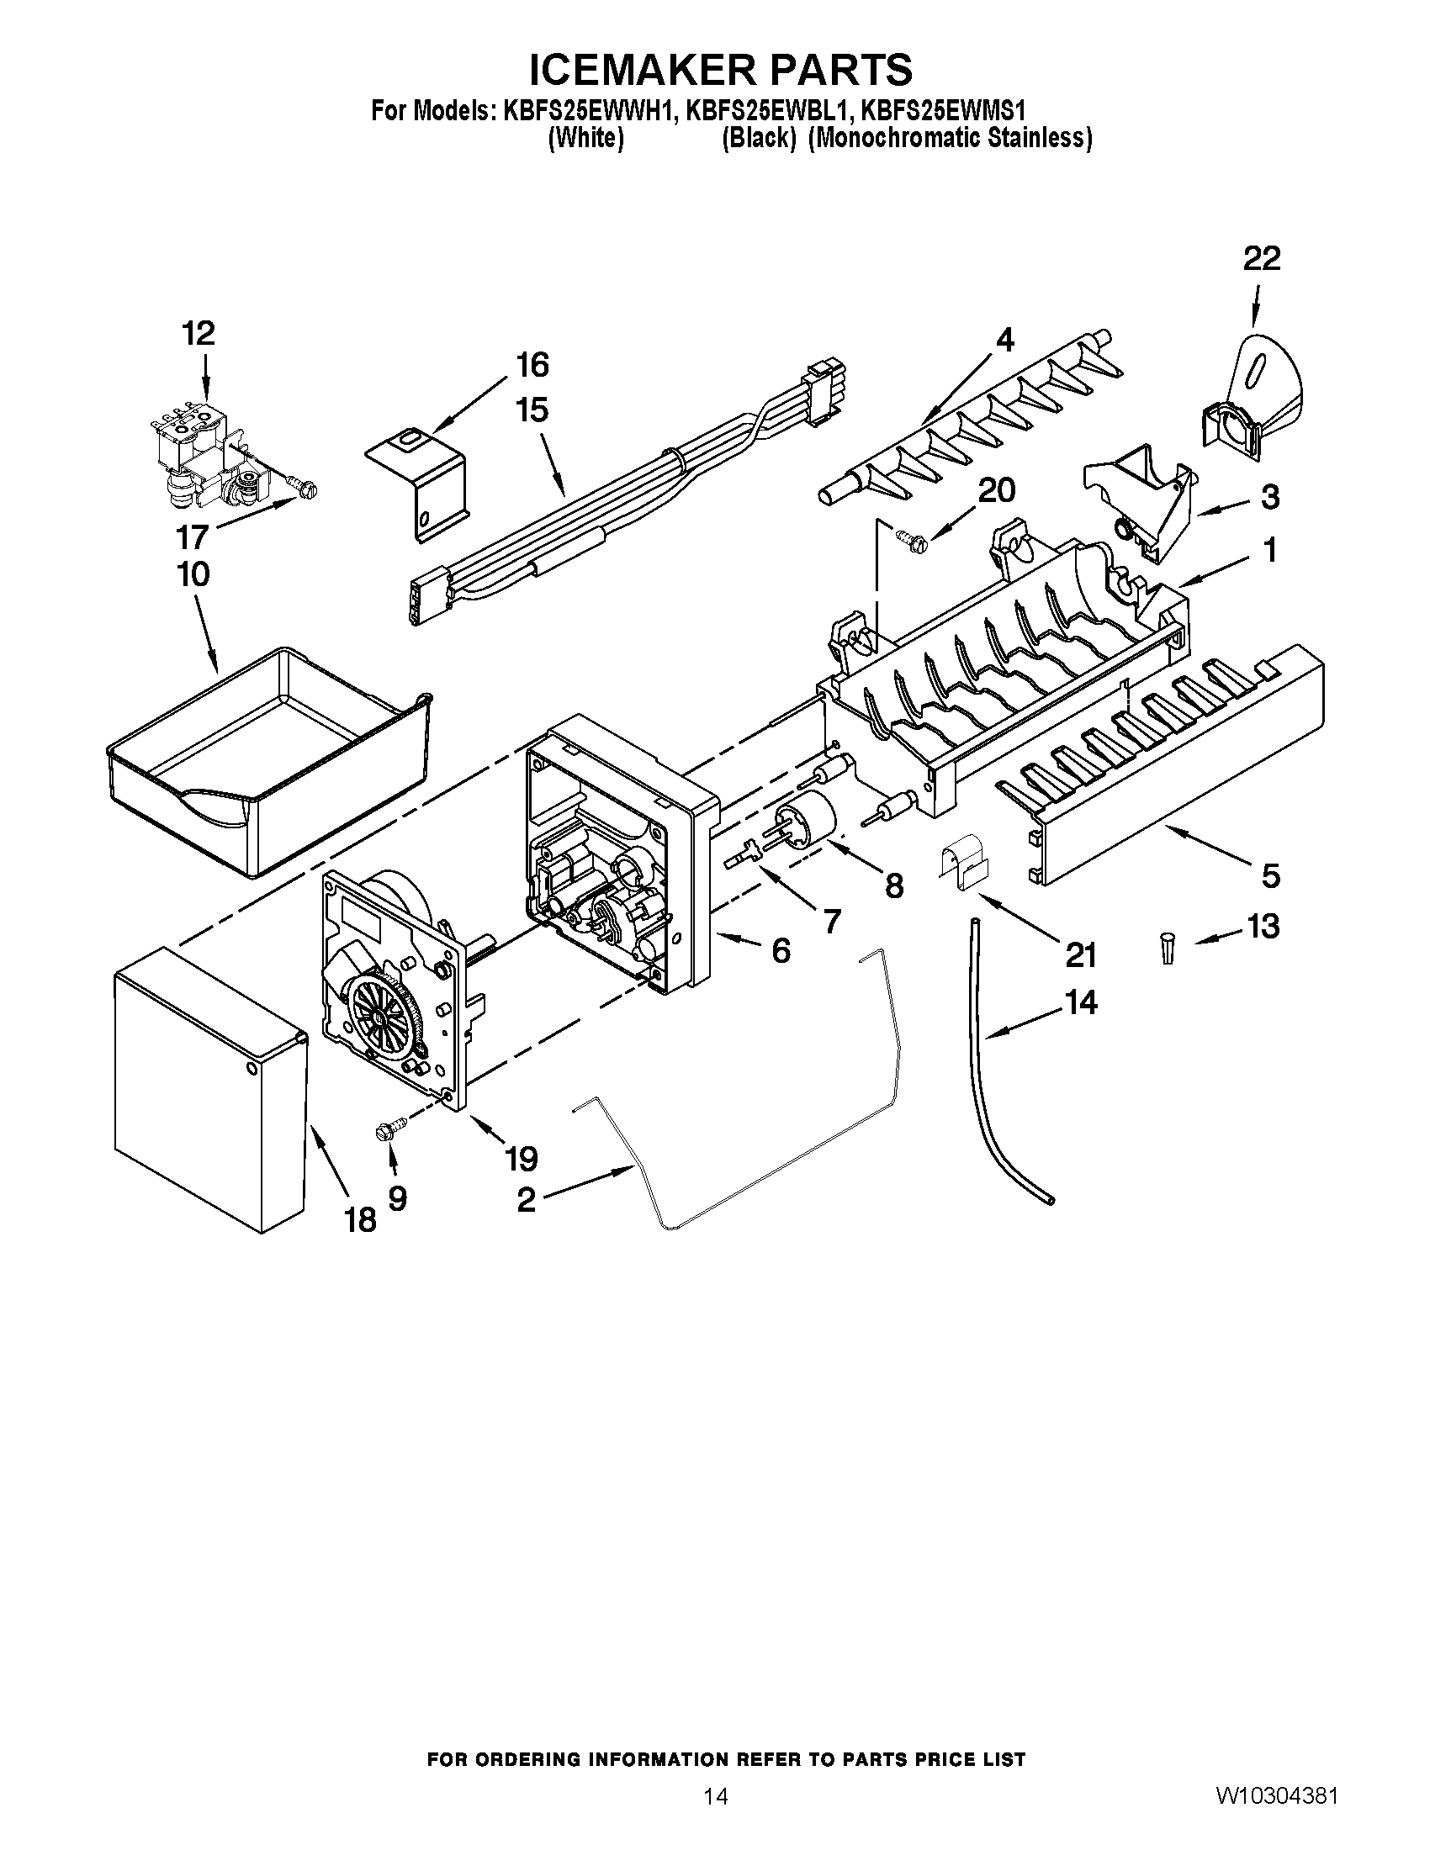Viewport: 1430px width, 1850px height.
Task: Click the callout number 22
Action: (x=1262, y=258)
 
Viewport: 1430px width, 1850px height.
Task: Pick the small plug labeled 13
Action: (x=1168, y=948)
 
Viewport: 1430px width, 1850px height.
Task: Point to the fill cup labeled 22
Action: (x=1254, y=398)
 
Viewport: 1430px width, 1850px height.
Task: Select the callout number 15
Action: (x=531, y=410)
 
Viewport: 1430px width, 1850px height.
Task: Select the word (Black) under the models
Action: (x=757, y=138)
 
